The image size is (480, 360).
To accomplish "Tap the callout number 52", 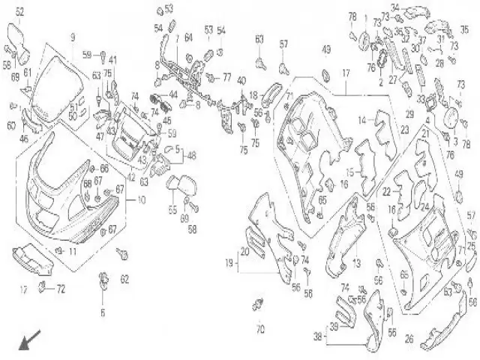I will [x=19, y=11].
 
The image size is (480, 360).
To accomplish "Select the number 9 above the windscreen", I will [x=73, y=37].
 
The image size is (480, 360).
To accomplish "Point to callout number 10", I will [x=142, y=200].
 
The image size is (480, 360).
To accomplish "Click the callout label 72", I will [x=61, y=288].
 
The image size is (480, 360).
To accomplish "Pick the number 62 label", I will [x=125, y=279].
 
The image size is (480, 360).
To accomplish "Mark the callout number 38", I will [x=318, y=337].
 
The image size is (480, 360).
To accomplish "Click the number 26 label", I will [x=409, y=339].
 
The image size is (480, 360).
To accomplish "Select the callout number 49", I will [x=326, y=50].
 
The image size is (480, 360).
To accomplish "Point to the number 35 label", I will [x=464, y=30].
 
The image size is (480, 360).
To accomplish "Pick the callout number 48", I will [x=192, y=156].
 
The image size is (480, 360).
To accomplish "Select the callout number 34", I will [x=395, y=7].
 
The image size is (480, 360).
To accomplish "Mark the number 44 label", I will [x=172, y=95].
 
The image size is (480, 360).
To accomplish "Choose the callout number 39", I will [x=334, y=326].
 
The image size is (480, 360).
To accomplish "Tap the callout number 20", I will [x=244, y=251].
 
